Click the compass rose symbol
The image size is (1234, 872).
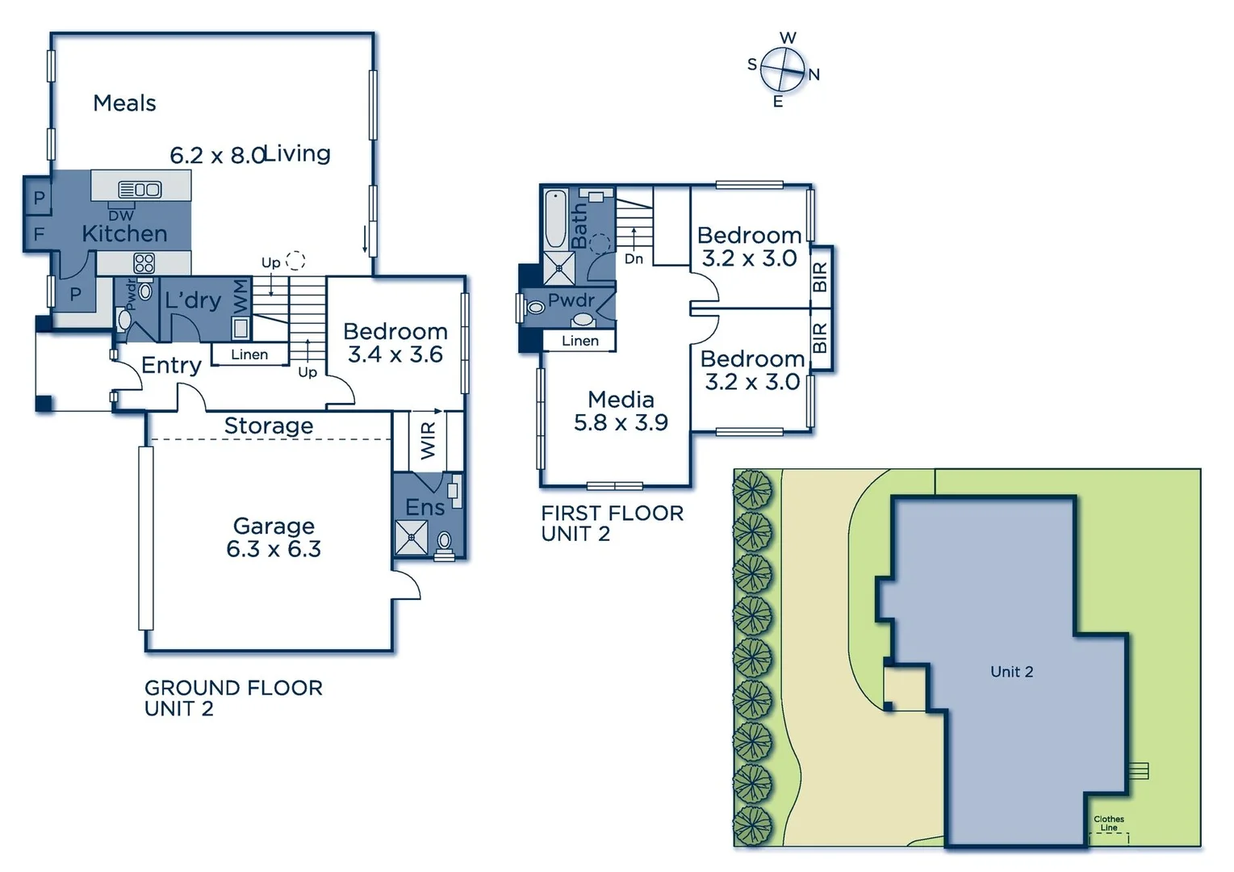[x=782, y=70]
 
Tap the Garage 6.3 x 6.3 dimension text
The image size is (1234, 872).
[x=274, y=549]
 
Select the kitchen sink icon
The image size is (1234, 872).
[x=140, y=190]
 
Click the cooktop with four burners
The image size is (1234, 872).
[x=144, y=262]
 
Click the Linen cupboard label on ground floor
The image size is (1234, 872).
[x=249, y=354]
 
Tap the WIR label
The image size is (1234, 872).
[x=428, y=439]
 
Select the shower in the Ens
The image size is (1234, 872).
[x=411, y=538]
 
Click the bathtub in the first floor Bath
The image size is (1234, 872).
[x=555, y=219]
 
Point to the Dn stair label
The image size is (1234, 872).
[x=634, y=259]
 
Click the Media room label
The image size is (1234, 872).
[x=621, y=400]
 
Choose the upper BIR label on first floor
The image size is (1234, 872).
[x=821, y=277]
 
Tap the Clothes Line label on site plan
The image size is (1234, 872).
[x=1109, y=823]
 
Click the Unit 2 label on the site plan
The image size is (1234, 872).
[x=1011, y=672]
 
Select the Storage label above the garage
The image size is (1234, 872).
[x=269, y=426]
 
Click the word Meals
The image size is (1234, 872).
[x=124, y=103]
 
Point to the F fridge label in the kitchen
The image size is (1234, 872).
[x=38, y=235]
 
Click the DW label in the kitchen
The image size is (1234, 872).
[x=121, y=216]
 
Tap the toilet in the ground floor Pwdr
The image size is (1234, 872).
[x=124, y=320]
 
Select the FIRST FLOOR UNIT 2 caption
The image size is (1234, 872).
[x=612, y=523]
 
